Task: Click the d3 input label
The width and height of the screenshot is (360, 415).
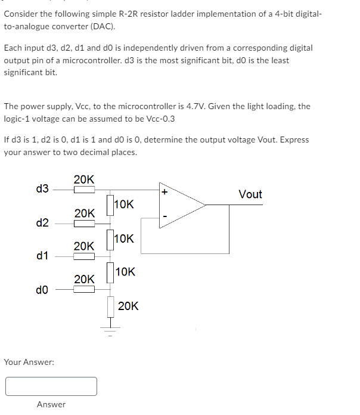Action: pyautogui.click(x=42, y=190)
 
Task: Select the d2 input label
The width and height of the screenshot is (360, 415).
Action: pyautogui.click(x=42, y=223)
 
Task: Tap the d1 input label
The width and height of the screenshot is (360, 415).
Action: pyautogui.click(x=42, y=256)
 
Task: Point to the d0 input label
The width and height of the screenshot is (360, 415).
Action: pyautogui.click(x=42, y=290)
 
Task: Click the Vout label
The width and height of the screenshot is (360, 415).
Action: pyautogui.click(x=250, y=194)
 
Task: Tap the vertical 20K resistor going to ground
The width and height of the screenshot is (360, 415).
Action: pyautogui.click(x=110, y=306)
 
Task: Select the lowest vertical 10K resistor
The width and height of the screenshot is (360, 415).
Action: pyautogui.click(x=110, y=273)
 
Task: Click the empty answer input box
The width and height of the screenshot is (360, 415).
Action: pyautogui.click(x=51, y=386)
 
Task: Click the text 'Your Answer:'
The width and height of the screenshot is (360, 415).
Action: pyautogui.click(x=29, y=361)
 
